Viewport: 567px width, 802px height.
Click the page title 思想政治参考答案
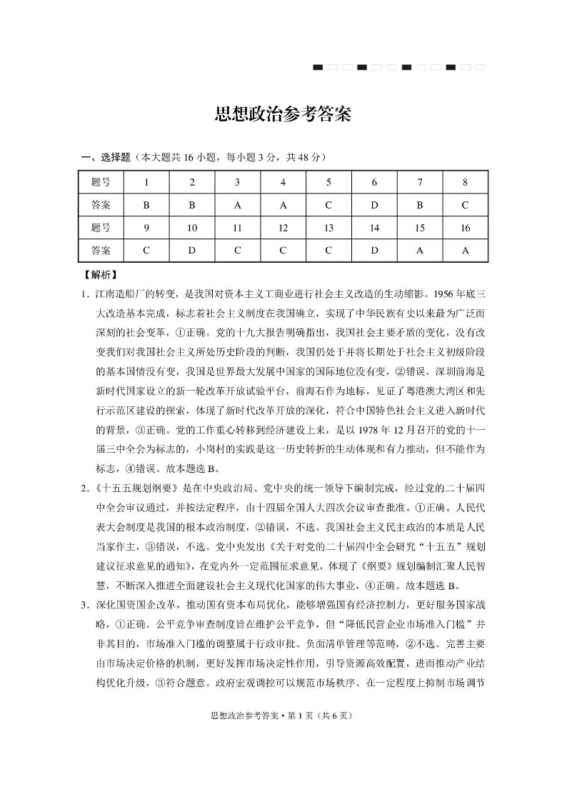coord(283,115)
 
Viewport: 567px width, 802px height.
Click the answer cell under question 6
coord(374,205)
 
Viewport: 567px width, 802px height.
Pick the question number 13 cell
coord(328,228)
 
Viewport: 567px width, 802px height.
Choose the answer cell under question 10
coord(192,251)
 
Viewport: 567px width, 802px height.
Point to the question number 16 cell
coord(465,228)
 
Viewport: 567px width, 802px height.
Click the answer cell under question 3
coord(238,205)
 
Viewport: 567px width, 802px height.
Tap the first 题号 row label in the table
coord(101,182)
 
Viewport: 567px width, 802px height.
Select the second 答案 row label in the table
coord(101,251)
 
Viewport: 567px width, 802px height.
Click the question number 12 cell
coord(283,228)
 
